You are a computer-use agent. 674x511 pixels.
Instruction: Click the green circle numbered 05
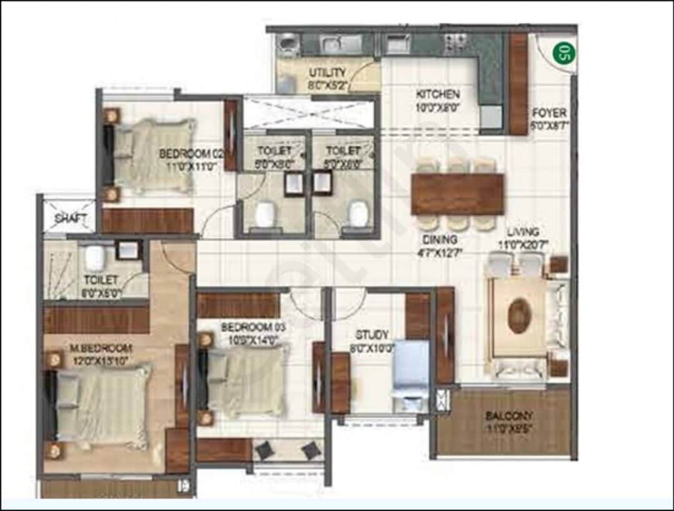click(563, 53)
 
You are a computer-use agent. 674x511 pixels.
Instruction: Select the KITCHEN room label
click(438, 94)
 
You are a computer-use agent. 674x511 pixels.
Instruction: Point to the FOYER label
click(548, 113)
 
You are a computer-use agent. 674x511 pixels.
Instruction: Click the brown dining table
click(457, 194)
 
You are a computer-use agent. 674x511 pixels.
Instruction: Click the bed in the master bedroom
click(100, 407)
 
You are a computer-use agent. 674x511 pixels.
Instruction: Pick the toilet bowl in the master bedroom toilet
click(94, 256)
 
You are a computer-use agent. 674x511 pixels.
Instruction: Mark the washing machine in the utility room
click(288, 45)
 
